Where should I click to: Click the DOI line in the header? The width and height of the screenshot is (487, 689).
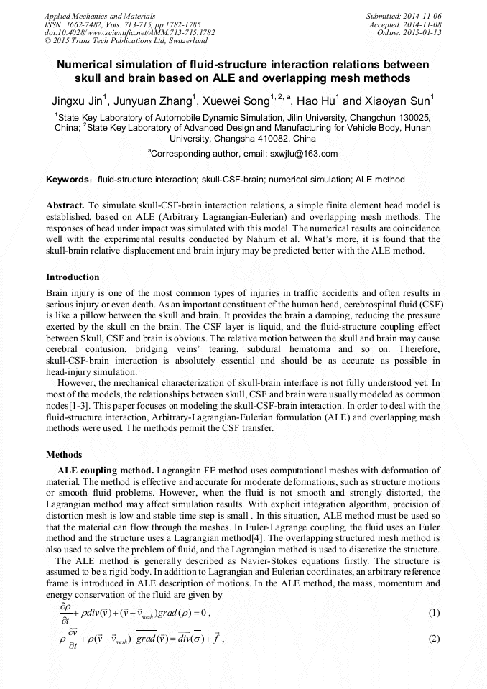coord(129,32)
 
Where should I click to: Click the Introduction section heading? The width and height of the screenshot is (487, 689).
coord(73,277)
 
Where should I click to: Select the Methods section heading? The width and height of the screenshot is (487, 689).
coord(64,455)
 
